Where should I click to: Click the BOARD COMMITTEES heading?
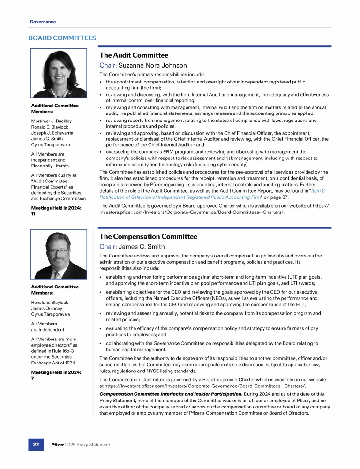62,38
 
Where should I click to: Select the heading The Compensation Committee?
149,237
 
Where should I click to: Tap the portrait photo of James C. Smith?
59,255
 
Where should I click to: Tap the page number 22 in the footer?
36,444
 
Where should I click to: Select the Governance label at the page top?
43,22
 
